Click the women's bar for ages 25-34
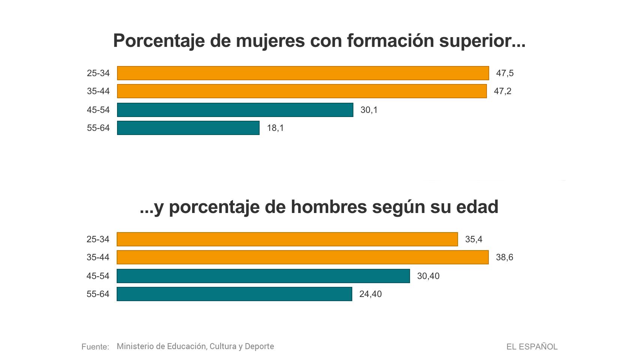(303, 73)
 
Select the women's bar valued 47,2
(302, 91)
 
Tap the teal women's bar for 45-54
(235, 110)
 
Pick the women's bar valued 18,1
(188, 128)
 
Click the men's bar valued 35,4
(287, 239)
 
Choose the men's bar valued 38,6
(302, 257)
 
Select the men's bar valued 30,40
(263, 276)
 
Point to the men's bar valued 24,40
(234, 294)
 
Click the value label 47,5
(505, 73)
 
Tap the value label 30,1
(369, 110)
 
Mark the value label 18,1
(275, 128)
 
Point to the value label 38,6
(504, 257)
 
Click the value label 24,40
(370, 294)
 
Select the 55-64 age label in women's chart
(98, 128)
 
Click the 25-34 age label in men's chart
(98, 239)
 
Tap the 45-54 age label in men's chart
(98, 276)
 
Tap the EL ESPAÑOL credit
(532, 347)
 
